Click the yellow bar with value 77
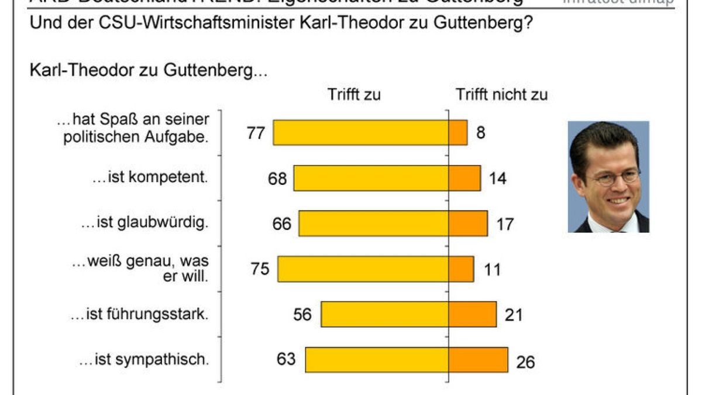[x=361, y=132]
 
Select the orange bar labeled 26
[x=479, y=359]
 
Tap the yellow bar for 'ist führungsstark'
[x=385, y=314]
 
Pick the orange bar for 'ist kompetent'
[x=465, y=178]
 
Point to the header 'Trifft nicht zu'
[x=502, y=94]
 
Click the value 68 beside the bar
[x=277, y=178]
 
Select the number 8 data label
[x=481, y=133]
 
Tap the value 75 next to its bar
[x=260, y=269]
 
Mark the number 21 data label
[x=512, y=315]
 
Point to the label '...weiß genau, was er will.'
[x=140, y=269]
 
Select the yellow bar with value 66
[x=374, y=224]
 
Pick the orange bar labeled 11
[x=462, y=269]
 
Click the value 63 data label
[x=286, y=359]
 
